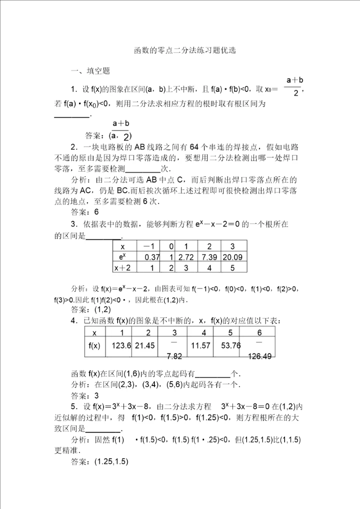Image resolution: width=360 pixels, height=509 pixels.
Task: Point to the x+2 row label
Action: tap(122, 268)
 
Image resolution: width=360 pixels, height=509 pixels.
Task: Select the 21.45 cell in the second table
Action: tap(145, 345)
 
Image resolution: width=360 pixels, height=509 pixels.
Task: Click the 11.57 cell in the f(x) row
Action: tap(203, 345)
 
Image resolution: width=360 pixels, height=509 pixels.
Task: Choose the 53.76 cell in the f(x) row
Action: tap(230, 345)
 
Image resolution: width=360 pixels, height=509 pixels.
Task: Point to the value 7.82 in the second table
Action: tap(174, 356)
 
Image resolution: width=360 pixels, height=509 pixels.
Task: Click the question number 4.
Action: tap(73, 320)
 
